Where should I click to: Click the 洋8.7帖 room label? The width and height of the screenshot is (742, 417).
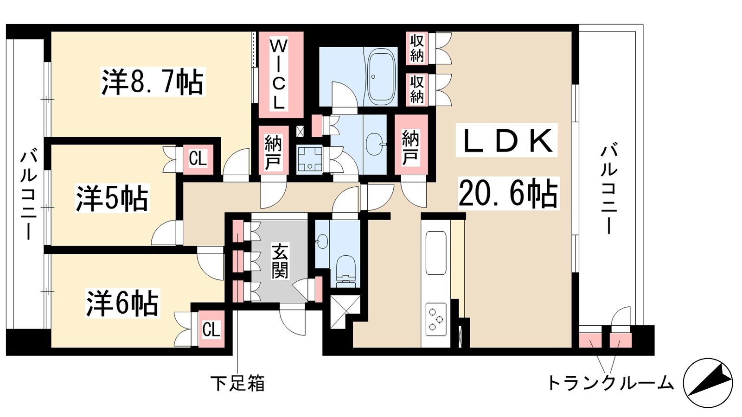pyautogui.click(x=153, y=82)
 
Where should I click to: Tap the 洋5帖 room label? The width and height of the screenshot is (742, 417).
pyautogui.click(x=112, y=199)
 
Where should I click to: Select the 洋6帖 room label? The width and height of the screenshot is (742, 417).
pyautogui.click(x=122, y=303)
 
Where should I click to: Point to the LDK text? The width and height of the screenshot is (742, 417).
pyautogui.click(x=506, y=140)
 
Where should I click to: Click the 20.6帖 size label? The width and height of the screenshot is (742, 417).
pyautogui.click(x=508, y=193)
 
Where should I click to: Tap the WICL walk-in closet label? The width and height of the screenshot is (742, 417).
pyautogui.click(x=279, y=75)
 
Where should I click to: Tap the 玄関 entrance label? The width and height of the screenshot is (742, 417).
pyautogui.click(x=280, y=261)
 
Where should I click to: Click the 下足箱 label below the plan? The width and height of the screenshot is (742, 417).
pyautogui.click(x=238, y=383)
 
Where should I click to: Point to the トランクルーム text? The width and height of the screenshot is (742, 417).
pyautogui.click(x=610, y=383)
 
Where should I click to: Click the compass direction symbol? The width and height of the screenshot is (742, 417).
pyautogui.click(x=708, y=383)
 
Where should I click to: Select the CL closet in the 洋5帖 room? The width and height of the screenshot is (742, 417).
pyautogui.click(x=198, y=159)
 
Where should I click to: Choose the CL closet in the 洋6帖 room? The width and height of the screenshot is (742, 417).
pyautogui.click(x=211, y=329)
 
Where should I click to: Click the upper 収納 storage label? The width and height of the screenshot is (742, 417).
pyautogui.click(x=417, y=48)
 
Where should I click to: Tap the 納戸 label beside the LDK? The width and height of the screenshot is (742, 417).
pyautogui.click(x=410, y=148)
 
